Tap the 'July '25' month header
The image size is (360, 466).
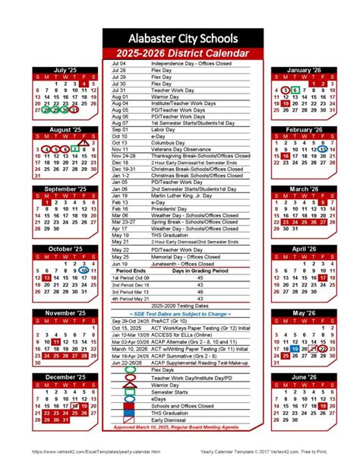pyautogui.click(x=65, y=70)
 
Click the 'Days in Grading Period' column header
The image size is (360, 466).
pyautogui.click(x=200, y=271)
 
